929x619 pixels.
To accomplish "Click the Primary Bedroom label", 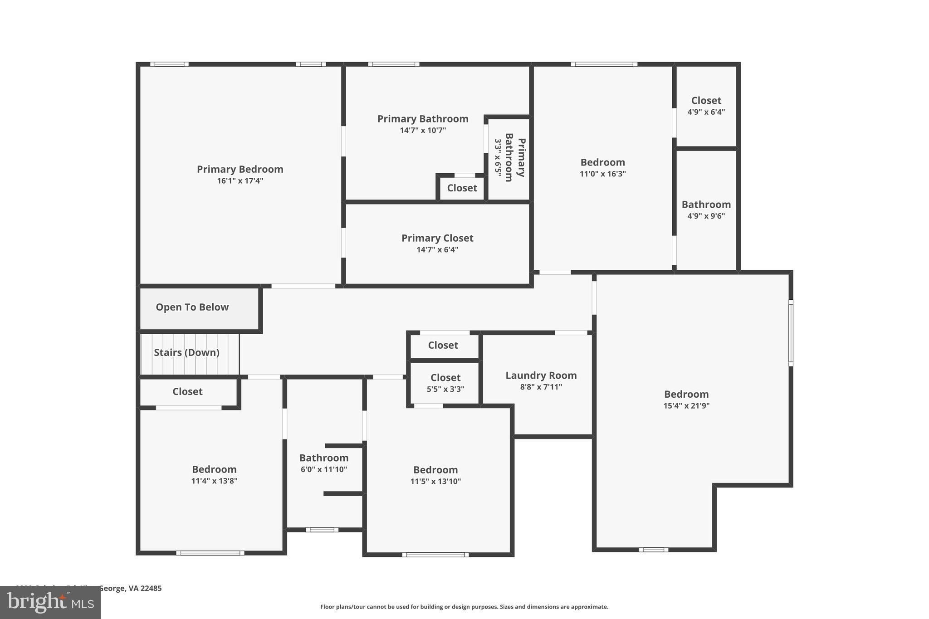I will tap(240, 169).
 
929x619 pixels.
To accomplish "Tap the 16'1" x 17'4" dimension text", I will tap(240, 181).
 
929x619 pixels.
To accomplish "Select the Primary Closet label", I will tap(437, 238).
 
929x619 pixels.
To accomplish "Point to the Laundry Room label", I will tap(541, 375).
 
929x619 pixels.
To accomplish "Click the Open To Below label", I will tap(192, 307).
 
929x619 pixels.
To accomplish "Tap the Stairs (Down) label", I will tap(186, 352).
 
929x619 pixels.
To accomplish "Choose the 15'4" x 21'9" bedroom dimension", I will tap(686, 406).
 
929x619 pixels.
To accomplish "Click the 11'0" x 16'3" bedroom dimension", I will tap(603, 174).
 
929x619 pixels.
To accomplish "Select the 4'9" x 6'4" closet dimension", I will tap(706, 112).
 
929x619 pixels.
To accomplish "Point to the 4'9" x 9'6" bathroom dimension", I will tap(706, 216).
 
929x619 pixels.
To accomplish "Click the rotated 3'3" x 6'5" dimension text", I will tap(498, 158).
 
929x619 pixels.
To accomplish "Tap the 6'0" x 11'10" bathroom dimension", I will tap(324, 469).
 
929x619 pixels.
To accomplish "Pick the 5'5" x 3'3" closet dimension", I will tap(445, 389).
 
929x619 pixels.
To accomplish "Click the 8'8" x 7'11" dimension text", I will tap(541, 387).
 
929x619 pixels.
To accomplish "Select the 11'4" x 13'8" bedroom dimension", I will tap(214, 481).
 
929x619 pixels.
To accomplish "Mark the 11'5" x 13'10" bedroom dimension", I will tap(435, 482).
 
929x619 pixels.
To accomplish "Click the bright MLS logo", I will tap(50, 603).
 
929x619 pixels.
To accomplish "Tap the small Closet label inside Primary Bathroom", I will tap(462, 188).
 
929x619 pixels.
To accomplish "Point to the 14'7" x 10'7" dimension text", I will tap(423, 131).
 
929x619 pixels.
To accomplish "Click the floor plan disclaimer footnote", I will tap(464, 607).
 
